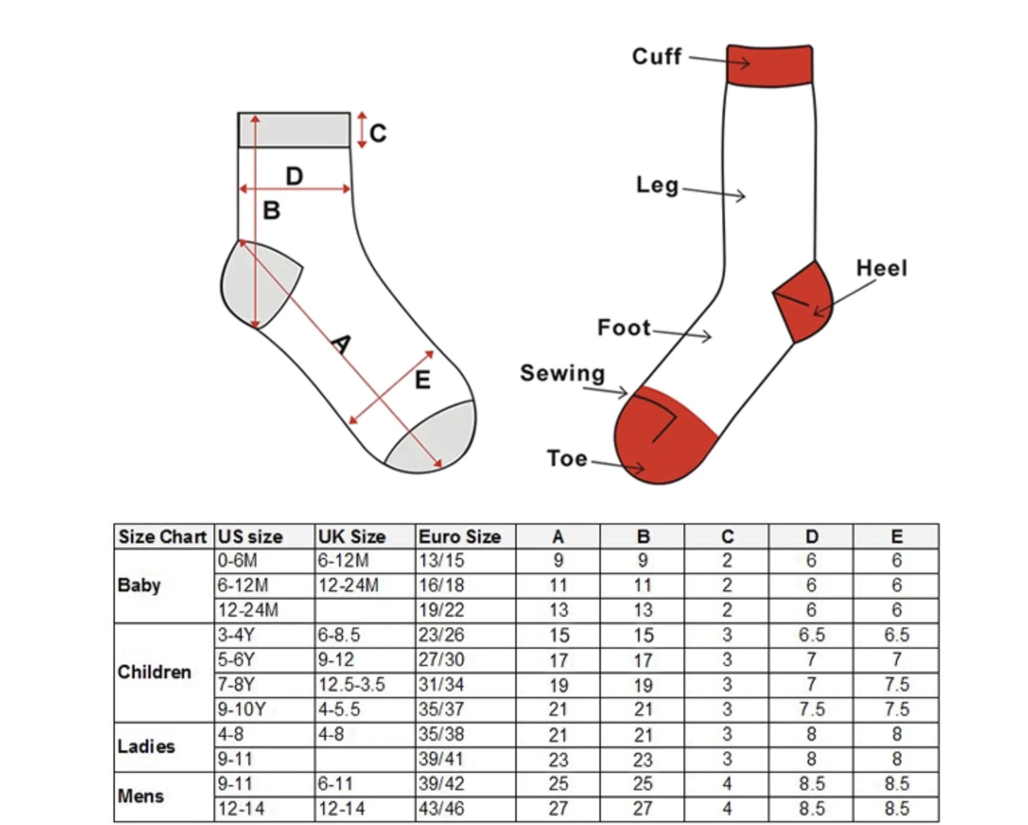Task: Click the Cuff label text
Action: [x=656, y=57]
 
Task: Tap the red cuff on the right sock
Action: [x=769, y=65]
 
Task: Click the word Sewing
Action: [x=562, y=373]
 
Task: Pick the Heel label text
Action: [x=881, y=268]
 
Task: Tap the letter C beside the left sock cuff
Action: [x=378, y=133]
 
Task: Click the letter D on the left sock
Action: [x=294, y=176]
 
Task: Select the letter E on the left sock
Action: [x=422, y=380]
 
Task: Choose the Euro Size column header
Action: [x=459, y=537]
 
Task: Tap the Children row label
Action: [x=154, y=672]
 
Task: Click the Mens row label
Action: [x=141, y=796]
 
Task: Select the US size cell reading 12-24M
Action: [x=248, y=610]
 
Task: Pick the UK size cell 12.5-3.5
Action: [x=351, y=685]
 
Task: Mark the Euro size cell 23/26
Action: [x=441, y=635]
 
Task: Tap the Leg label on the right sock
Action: [x=657, y=185]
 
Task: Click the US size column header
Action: [x=250, y=537]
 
